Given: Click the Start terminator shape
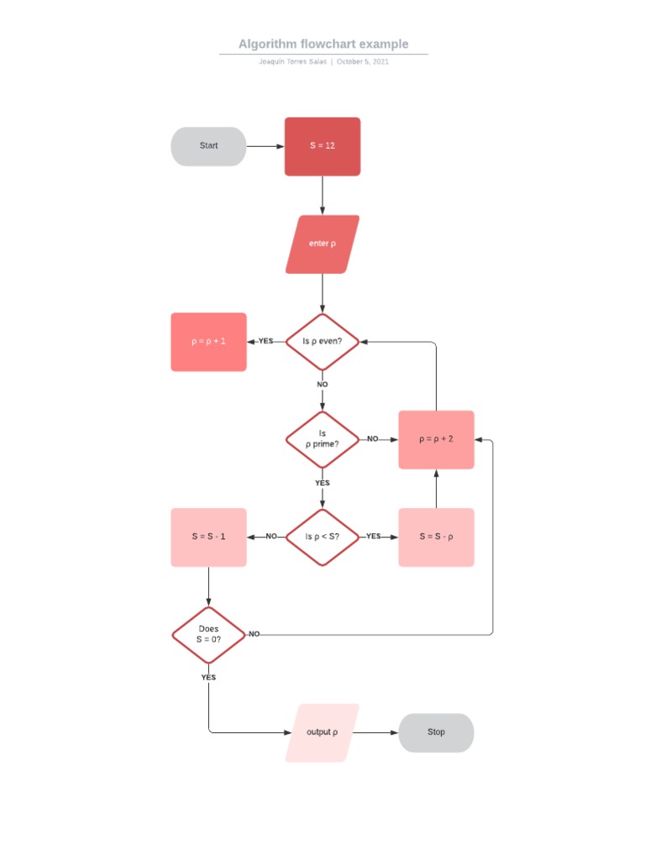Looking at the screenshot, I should click(208, 146).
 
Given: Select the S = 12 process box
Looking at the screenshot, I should click(322, 146).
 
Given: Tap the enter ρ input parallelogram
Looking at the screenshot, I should click(322, 244).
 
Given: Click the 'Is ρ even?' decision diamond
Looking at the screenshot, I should click(322, 342).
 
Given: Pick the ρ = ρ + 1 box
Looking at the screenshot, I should click(208, 342).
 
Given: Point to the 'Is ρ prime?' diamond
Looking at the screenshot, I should click(322, 439).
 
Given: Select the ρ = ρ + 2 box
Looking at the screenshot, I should click(436, 439).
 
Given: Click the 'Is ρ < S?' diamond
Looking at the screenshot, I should click(322, 537).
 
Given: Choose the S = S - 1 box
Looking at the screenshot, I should click(208, 537).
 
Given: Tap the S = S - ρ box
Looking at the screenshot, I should click(436, 537).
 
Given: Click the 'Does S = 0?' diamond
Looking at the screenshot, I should click(208, 634).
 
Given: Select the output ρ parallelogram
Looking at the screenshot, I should click(322, 732).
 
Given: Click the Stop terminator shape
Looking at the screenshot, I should click(436, 732).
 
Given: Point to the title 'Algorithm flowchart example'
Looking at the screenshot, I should click(323, 44).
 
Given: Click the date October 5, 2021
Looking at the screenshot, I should click(363, 61).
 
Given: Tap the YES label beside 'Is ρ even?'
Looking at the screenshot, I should click(265, 342).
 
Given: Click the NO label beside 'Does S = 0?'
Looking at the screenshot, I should click(254, 634).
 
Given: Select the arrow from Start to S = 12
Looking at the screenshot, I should click(265, 146).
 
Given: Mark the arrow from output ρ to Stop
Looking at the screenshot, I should click(378, 732).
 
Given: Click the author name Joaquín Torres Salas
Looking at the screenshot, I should click(293, 61).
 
